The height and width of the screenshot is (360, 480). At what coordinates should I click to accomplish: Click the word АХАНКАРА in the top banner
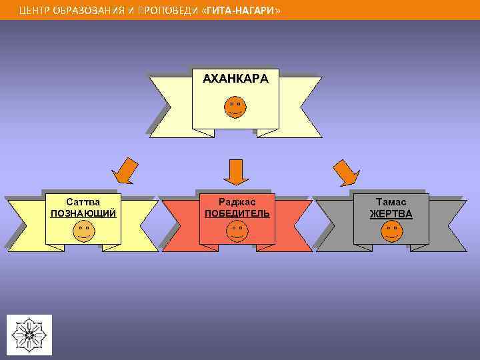235,79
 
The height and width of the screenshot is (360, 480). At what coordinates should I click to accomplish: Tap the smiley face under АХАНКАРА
235,107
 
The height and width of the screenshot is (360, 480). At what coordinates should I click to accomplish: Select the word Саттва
83,201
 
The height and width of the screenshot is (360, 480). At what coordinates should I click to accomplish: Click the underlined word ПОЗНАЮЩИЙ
83,213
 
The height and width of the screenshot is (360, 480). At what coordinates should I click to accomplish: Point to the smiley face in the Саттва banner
83,231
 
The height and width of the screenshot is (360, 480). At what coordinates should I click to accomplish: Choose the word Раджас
237,201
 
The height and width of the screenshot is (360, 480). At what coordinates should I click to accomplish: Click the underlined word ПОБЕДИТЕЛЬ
237,213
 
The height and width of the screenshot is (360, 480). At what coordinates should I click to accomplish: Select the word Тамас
391,201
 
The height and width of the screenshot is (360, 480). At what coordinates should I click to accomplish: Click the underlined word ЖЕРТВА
391,214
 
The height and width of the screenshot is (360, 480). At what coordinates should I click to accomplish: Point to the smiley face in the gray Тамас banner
391,231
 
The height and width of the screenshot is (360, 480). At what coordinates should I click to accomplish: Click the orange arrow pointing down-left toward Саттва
125,171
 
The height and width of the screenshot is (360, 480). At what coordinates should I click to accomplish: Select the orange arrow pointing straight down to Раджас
236,172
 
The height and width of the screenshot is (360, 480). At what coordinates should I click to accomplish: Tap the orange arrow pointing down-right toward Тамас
345,172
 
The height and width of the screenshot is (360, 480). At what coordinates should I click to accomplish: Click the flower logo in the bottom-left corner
29,334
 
